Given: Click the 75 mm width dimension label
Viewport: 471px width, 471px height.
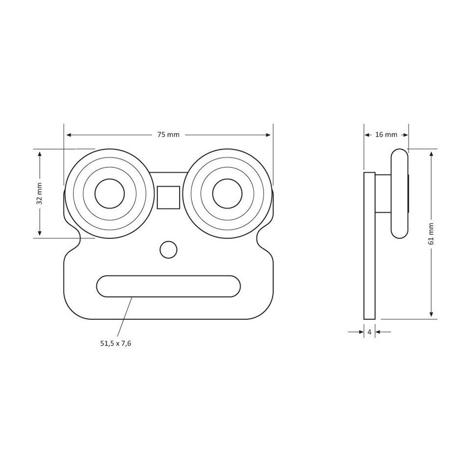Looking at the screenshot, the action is [x=168, y=135].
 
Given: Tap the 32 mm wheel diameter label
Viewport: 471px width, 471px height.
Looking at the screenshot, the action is [x=39, y=193].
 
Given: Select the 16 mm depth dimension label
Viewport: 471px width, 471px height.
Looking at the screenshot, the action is [x=386, y=134].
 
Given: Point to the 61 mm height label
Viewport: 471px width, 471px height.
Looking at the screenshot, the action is [x=431, y=234].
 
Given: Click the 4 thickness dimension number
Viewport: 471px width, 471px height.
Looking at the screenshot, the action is [x=369, y=332].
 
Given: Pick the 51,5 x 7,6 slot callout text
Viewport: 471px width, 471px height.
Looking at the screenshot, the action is [x=116, y=343].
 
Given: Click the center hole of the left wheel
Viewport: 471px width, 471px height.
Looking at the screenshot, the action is [x=109, y=194].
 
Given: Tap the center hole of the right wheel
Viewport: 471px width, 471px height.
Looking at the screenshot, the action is [x=227, y=194].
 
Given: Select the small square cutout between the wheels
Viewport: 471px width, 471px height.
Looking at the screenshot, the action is [x=168, y=197].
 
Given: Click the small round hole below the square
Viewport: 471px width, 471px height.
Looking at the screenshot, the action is [x=168, y=250].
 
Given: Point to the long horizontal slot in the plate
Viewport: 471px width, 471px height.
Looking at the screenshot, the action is [x=168, y=286].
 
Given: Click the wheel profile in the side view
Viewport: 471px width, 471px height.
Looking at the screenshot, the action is [x=399, y=194].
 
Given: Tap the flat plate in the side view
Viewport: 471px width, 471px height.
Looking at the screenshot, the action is [x=369, y=246].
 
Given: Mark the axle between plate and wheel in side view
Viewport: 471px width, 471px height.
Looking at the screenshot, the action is [x=383, y=194].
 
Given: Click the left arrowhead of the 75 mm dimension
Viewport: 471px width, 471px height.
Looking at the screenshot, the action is [x=69, y=135].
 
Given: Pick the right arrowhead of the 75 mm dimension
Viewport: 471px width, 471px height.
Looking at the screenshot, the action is [x=268, y=135].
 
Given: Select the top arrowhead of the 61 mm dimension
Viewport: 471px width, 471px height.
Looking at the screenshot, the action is [x=431, y=154].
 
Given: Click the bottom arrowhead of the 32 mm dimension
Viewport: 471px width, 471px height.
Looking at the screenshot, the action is [x=39, y=233].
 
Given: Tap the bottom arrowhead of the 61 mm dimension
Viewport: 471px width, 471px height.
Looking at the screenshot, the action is [x=431, y=314].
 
